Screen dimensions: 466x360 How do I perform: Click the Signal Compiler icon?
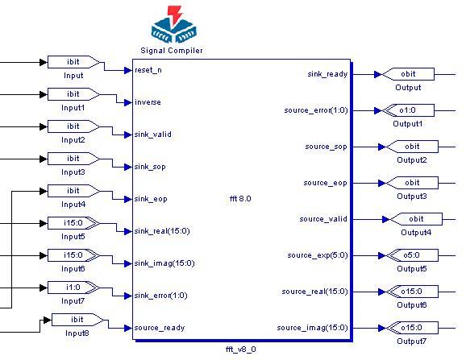click(x=174, y=24)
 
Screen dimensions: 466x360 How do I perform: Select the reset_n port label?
click(x=148, y=70)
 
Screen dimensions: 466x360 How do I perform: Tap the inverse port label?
click(x=148, y=102)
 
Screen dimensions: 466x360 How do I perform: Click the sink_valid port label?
click(x=152, y=134)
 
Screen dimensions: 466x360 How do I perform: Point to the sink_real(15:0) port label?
click(x=162, y=231)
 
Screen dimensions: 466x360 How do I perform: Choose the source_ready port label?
click(x=160, y=328)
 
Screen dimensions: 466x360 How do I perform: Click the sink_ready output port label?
click(x=327, y=74)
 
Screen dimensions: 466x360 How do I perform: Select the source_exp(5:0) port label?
click(x=318, y=255)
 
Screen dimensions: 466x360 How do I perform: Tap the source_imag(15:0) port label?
click(x=312, y=328)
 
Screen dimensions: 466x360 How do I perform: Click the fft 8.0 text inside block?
click(x=240, y=199)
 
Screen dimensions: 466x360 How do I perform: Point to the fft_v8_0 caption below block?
click(x=241, y=350)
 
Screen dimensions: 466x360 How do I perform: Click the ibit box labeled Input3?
click(x=73, y=159)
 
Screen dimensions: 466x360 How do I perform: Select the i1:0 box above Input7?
click(x=73, y=288)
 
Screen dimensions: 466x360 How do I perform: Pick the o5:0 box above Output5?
click(x=411, y=255)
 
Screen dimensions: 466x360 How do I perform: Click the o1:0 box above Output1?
click(x=407, y=110)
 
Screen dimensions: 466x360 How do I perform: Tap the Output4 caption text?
click(x=416, y=233)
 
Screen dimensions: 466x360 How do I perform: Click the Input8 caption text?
click(x=77, y=333)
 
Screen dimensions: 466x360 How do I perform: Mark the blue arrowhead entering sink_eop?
click(x=128, y=199)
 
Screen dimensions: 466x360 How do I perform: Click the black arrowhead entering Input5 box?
click(x=44, y=223)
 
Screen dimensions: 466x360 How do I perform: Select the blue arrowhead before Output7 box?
click(x=381, y=328)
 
